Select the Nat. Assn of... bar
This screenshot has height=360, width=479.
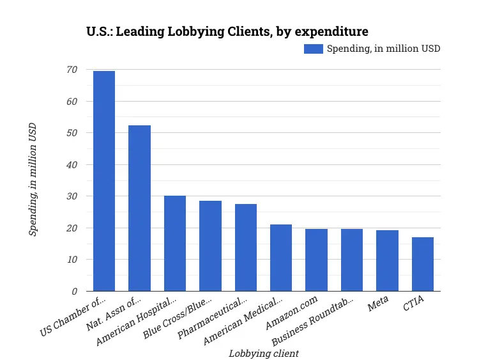pos(139,208)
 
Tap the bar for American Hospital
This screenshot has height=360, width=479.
pos(175,244)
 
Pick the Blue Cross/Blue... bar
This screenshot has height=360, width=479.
pos(210,246)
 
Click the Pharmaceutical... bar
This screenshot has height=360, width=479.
pos(246,247)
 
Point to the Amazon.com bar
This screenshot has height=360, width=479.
pos(316,260)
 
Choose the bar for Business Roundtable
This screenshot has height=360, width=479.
pos(352,260)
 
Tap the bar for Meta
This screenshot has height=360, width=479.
pos(387,261)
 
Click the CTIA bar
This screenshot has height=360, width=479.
pos(423,264)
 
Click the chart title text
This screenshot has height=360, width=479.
pos(227,31)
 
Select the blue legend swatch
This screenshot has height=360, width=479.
pos(314,49)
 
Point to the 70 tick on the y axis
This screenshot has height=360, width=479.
pos(72,70)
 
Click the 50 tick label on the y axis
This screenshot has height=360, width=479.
pos(72,133)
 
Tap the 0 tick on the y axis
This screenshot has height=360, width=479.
pos(74,292)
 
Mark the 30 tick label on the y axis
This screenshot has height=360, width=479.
pos(72,196)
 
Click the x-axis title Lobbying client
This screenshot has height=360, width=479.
pos(264,353)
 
